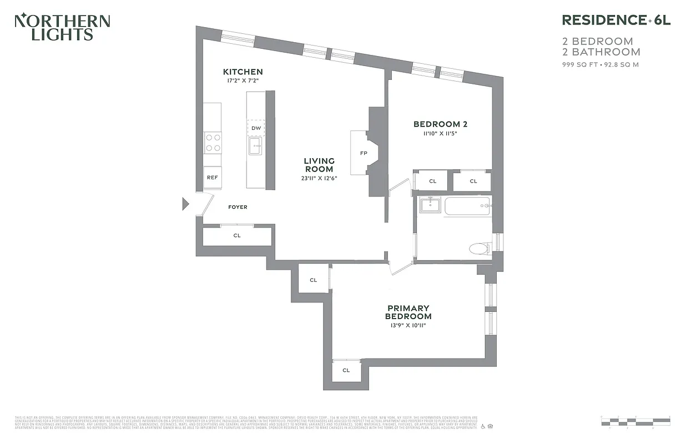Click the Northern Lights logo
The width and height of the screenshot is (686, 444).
tap(62, 27)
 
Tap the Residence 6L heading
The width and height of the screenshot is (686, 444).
tap(616, 21)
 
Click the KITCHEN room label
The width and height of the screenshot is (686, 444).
tap(243, 72)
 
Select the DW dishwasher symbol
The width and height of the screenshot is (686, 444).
tap(256, 128)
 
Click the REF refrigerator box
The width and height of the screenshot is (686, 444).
tap(212, 178)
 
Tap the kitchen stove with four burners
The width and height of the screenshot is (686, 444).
tap(213, 142)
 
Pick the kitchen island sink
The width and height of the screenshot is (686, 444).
tap(255, 148)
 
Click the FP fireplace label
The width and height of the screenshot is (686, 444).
tap(364, 153)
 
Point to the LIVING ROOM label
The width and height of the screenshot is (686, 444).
tap(319, 165)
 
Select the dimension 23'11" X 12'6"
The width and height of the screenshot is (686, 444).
tap(319, 178)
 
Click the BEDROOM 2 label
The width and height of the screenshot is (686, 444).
tap(437, 124)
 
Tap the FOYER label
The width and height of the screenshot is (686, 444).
tap(238, 207)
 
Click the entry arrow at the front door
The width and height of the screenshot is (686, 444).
tap(186, 204)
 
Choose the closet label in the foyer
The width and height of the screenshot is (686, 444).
tap(237, 235)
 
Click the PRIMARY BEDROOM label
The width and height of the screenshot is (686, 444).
tap(408, 312)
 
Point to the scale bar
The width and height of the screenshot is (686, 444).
tap(635, 420)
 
